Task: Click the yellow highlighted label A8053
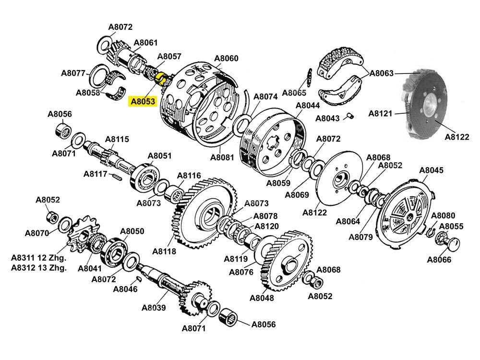click(x=142, y=101)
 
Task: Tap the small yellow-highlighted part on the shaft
click(x=162, y=77)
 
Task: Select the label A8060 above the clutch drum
click(x=226, y=59)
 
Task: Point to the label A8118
click(x=164, y=251)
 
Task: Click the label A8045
click(x=431, y=170)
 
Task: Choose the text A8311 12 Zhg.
click(x=38, y=258)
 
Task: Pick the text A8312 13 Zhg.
click(x=38, y=268)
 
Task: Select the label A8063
click(x=382, y=73)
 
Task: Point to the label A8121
click(x=381, y=114)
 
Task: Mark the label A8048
click(x=262, y=298)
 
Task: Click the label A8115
click(x=117, y=139)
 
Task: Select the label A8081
click(x=222, y=157)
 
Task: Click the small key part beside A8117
click(x=118, y=177)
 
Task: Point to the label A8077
click(x=73, y=73)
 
